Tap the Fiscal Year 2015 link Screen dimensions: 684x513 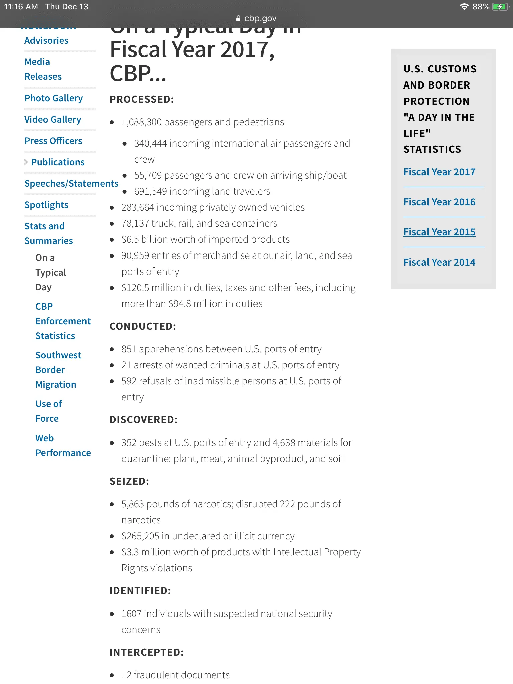pyautogui.click(x=439, y=232)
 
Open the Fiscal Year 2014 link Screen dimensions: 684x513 pyautogui.click(x=439, y=262)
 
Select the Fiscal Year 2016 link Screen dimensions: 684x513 pyautogui.click(x=439, y=202)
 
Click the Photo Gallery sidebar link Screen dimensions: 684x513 pyautogui.click(x=54, y=98)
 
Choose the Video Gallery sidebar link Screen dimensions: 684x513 pyautogui.click(x=53, y=120)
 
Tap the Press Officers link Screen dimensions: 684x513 pyautogui.click(x=53, y=141)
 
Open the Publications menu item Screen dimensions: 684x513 pyautogui.click(x=58, y=162)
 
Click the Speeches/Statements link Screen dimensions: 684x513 pyautogui.click(x=71, y=184)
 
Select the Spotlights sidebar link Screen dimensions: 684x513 pyautogui.click(x=46, y=205)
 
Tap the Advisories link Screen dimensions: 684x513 pyautogui.click(x=46, y=41)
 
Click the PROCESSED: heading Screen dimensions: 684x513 pyautogui.click(x=142, y=99)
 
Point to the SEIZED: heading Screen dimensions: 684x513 pyautogui.click(x=129, y=481)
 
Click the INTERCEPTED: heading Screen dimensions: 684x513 pyautogui.click(x=147, y=652)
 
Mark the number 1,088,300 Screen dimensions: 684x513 pyautogui.click(x=141, y=122)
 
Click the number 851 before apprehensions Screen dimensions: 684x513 pyautogui.click(x=129, y=349)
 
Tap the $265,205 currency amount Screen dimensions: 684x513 pyautogui.click(x=140, y=536)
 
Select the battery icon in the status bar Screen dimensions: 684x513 pyautogui.click(x=500, y=7)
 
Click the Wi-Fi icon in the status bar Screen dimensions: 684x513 pyautogui.click(x=464, y=7)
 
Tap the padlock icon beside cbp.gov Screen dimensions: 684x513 pyautogui.click(x=238, y=19)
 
